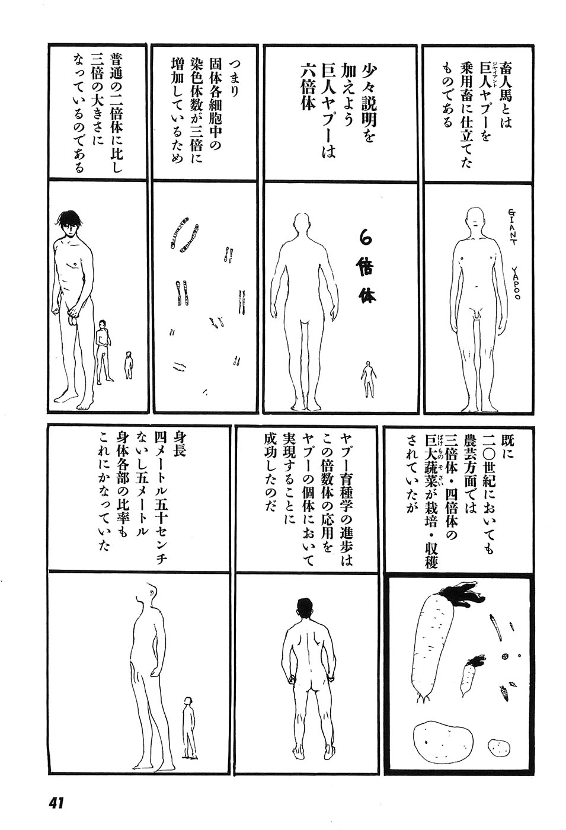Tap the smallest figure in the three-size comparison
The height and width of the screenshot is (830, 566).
128,365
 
